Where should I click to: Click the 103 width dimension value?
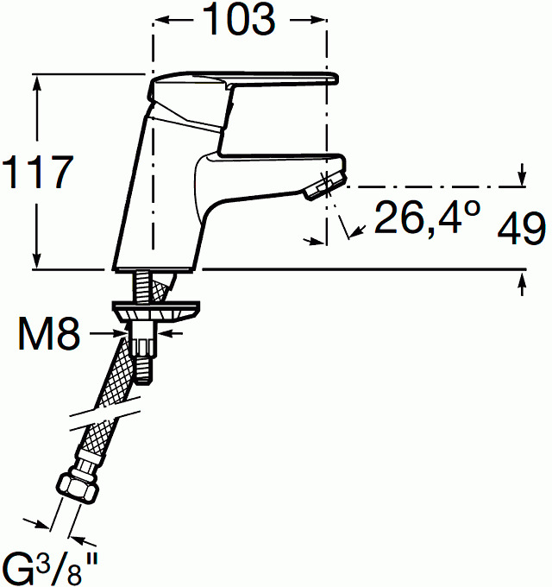(x=240, y=19)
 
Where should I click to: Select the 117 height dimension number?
(x=38, y=172)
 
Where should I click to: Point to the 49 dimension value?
(x=521, y=228)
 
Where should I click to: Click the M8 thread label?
(x=49, y=333)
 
